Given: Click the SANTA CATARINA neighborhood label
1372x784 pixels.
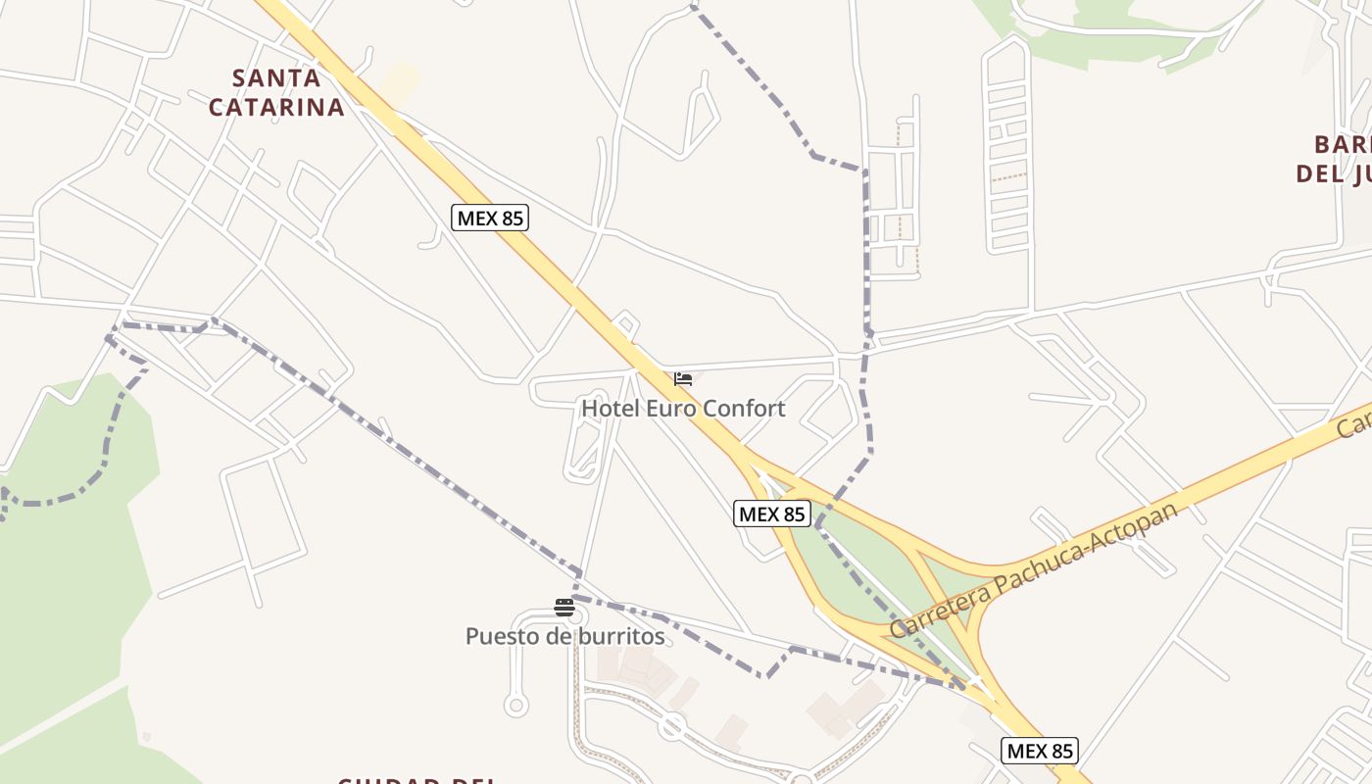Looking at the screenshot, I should pyautogui.click(x=276, y=92).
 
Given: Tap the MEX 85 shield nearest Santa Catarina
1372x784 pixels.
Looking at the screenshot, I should pyautogui.click(x=490, y=218).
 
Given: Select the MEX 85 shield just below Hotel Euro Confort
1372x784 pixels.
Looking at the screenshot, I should pyautogui.click(x=772, y=513).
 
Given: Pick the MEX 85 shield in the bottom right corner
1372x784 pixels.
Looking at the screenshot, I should pyautogui.click(x=1040, y=751).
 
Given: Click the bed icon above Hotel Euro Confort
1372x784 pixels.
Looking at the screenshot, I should pyautogui.click(x=683, y=378).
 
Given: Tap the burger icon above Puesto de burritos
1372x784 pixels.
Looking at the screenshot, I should pyautogui.click(x=563, y=608).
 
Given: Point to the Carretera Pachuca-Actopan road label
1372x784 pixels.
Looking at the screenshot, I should pyautogui.click(x=1034, y=570).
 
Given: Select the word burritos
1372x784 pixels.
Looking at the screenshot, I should pyautogui.click(x=620, y=636).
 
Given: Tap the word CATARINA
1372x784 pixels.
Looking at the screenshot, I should pyautogui.click(x=276, y=107).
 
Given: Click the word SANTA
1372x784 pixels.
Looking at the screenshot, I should pyautogui.click(x=276, y=77).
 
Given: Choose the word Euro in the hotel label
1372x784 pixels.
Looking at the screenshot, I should pyautogui.click(x=670, y=408).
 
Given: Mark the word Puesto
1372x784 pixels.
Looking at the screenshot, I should pyautogui.click(x=501, y=636).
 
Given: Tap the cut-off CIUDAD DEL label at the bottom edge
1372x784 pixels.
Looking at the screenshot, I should pyautogui.click(x=417, y=780).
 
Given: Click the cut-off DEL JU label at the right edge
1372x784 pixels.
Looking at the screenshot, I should pyautogui.click(x=1334, y=173).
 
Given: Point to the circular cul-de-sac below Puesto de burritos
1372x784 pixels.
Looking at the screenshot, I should pyautogui.click(x=515, y=704).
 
